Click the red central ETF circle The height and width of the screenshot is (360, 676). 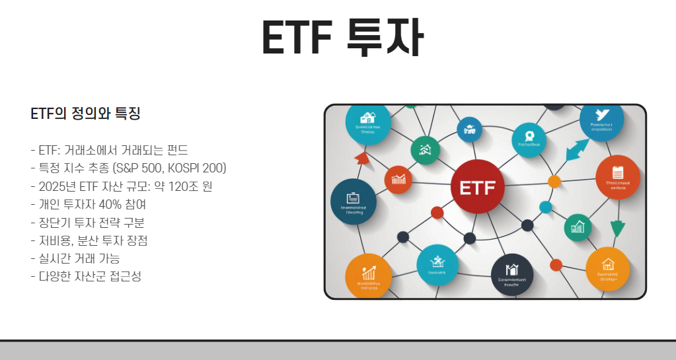(476, 188)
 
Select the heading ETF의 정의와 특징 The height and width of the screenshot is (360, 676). (85, 114)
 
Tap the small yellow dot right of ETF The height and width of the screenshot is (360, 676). (554, 181)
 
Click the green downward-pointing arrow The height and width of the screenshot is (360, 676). (617, 229)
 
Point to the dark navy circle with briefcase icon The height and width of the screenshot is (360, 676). (353, 201)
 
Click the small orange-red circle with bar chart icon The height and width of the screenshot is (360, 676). (398, 179)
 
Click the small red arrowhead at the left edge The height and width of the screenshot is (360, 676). (361, 158)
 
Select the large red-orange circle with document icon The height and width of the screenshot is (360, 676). (618, 178)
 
